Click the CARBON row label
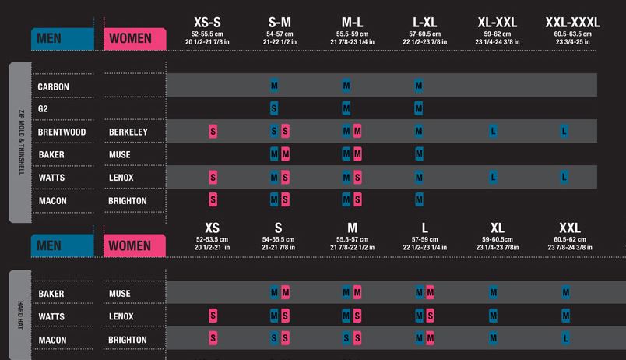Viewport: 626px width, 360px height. click(52, 86)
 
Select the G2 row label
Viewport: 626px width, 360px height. click(44, 108)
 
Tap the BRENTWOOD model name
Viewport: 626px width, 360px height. click(62, 132)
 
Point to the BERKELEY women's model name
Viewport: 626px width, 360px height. click(128, 132)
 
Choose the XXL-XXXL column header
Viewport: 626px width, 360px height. click(572, 23)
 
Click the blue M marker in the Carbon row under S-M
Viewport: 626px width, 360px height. click(274, 86)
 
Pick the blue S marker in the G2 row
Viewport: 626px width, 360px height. click(274, 108)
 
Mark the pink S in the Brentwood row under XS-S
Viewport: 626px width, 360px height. click(213, 132)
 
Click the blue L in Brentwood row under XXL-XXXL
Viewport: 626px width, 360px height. click(565, 132)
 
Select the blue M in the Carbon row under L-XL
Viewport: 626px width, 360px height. click(419, 86)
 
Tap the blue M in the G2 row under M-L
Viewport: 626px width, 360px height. click(346, 108)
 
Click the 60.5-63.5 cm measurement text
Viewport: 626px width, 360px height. click(572, 34)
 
